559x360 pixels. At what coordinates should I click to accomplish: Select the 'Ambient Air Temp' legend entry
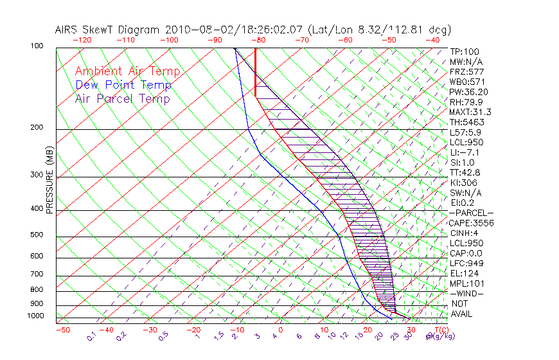coord(127,71)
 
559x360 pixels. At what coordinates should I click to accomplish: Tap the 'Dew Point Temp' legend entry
coord(123,85)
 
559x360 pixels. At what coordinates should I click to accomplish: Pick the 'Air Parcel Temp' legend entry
coord(123,98)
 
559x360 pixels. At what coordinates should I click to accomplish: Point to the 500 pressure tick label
coord(37,235)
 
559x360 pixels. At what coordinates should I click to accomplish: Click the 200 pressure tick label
coord(37,128)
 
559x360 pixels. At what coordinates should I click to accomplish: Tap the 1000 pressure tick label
coord(35,316)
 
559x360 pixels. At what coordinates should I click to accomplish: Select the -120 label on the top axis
coord(82,40)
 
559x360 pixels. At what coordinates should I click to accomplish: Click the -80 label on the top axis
coord(259,40)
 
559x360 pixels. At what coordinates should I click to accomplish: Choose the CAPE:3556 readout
coord(472,223)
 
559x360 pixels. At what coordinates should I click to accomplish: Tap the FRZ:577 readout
coord(466,71)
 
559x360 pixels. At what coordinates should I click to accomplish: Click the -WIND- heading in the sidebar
coord(468,293)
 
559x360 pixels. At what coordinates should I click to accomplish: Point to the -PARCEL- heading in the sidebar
coord(472,213)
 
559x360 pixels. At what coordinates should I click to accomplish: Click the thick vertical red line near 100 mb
coord(256,71)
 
